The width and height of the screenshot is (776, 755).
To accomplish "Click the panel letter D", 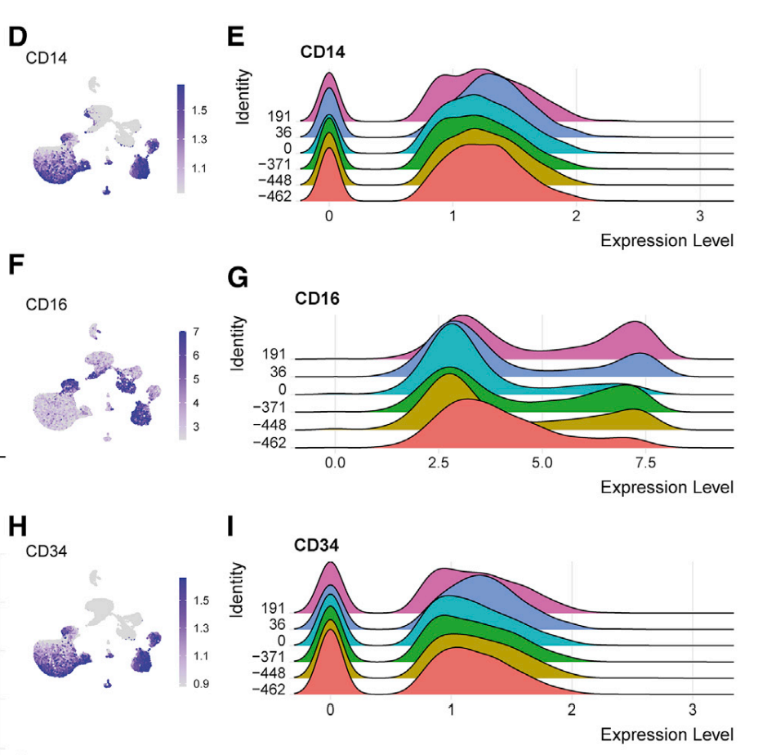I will [17, 38].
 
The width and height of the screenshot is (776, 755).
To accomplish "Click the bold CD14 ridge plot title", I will [323, 53].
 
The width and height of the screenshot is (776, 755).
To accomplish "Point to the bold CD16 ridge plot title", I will [318, 299].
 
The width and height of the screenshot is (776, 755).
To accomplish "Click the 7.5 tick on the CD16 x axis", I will [646, 462].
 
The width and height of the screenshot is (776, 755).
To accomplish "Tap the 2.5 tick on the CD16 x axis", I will [437, 462].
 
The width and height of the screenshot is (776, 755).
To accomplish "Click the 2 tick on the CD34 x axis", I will [572, 709].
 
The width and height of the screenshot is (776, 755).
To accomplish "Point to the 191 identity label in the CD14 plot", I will [279, 116].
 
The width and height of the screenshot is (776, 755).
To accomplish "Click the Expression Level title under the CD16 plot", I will [667, 488].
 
